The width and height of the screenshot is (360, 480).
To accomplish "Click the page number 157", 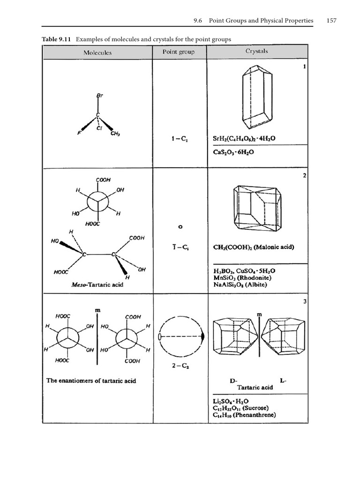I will (331, 21).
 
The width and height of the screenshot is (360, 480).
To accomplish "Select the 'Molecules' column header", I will (97, 52).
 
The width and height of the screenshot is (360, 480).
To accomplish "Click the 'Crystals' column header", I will (256, 51).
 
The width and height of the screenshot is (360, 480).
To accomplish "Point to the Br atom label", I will (99, 95).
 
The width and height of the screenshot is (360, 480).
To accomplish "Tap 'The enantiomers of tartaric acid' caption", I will (91, 381).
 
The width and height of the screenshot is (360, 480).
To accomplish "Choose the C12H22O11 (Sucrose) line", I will (245, 408).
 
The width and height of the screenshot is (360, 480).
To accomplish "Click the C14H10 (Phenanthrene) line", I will (244, 415).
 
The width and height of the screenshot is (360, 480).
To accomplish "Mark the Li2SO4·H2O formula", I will (234, 401).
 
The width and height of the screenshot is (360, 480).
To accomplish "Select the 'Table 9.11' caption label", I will (56, 39).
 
